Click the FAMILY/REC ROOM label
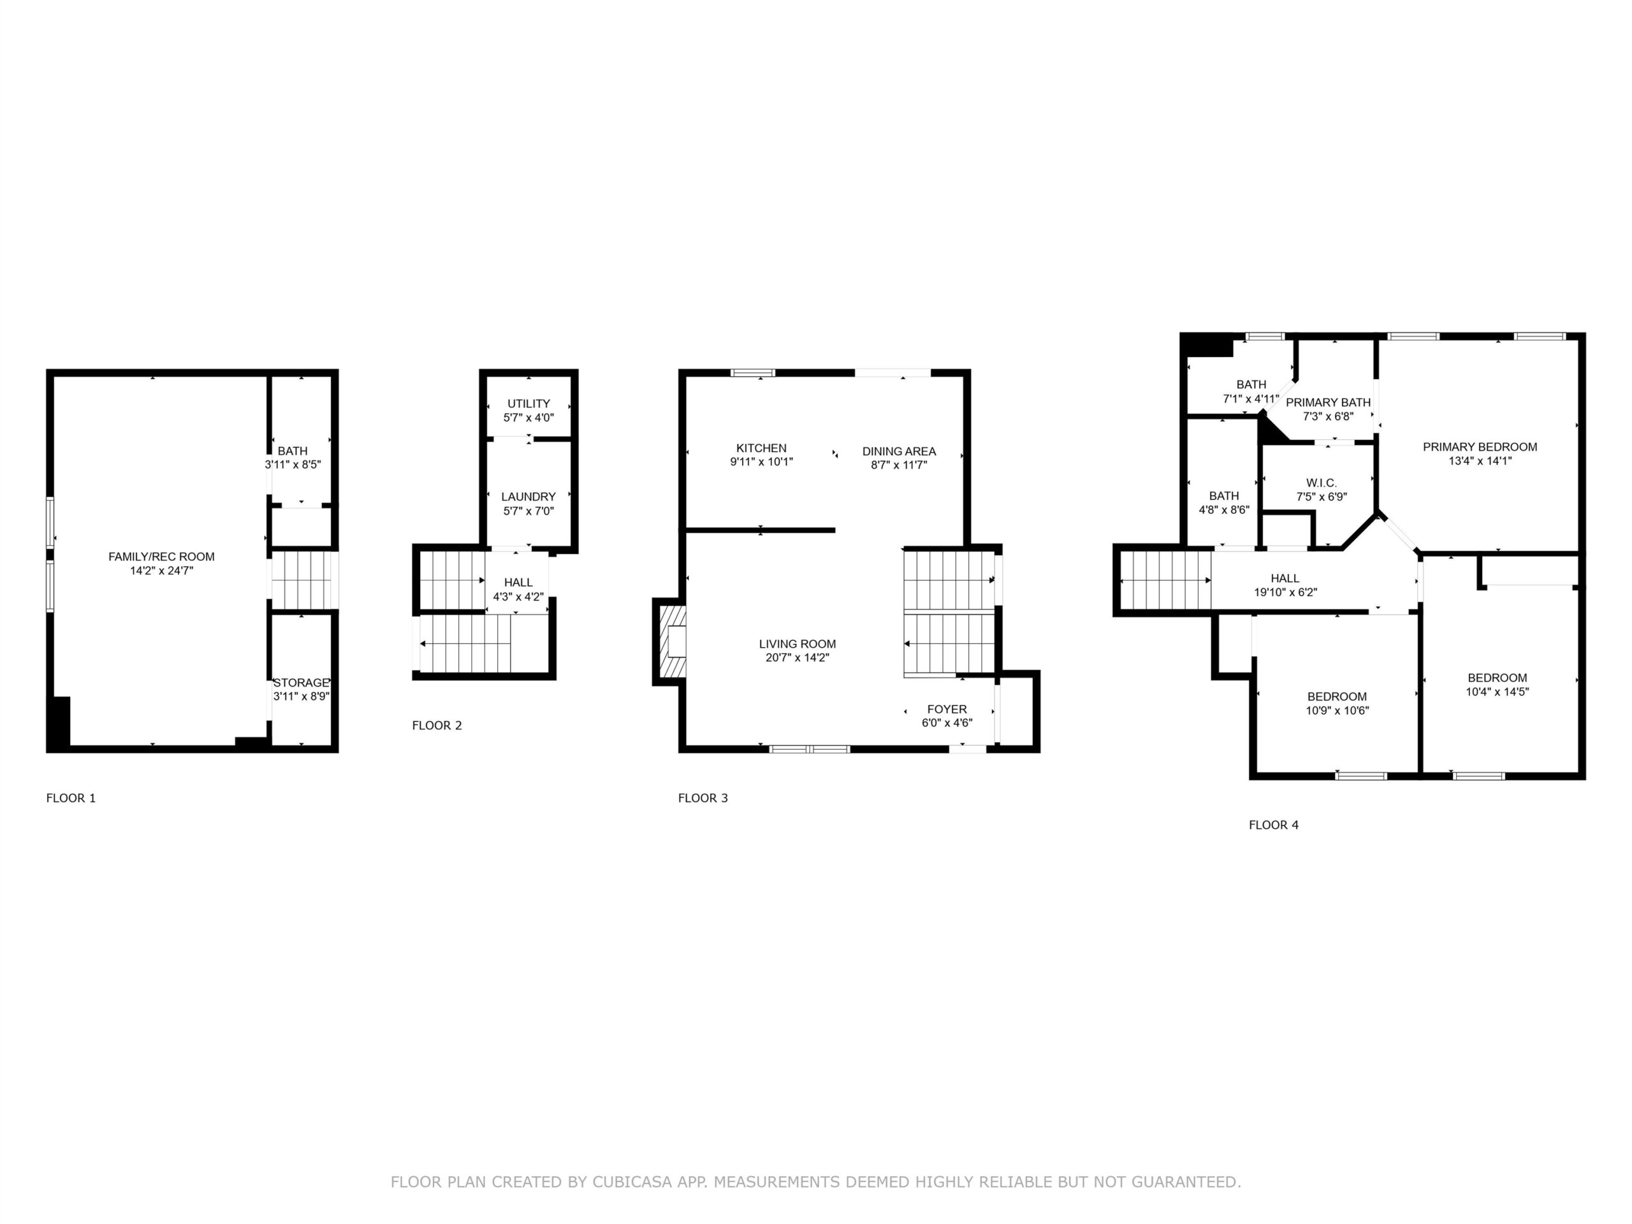(161, 557)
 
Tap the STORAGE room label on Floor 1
(301, 683)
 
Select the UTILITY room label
(528, 404)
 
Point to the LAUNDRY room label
(528, 497)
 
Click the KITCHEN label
(761, 448)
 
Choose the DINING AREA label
(899, 451)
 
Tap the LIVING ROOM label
(798, 644)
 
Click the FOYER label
(947, 709)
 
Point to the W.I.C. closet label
(1322, 483)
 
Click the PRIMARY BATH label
(1328, 402)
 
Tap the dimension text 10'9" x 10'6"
(1337, 711)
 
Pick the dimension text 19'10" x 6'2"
(1285, 592)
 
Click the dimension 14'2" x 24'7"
(161, 571)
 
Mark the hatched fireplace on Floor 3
(672, 641)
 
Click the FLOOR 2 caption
(437, 725)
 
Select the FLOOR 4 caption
(1274, 825)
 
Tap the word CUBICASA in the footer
(632, 1182)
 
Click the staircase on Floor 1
(302, 581)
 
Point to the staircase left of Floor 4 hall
(1166, 581)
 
